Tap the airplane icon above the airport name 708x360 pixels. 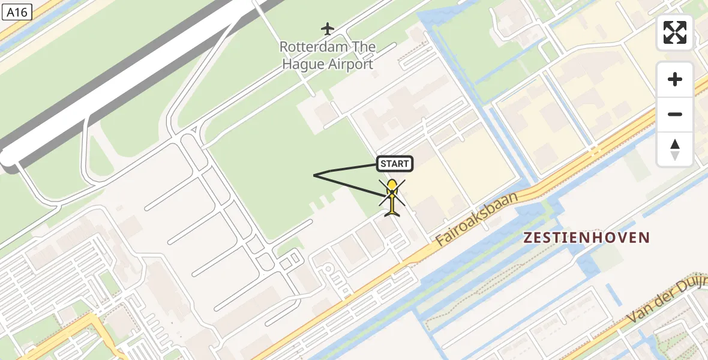pyautogui.click(x=327, y=28)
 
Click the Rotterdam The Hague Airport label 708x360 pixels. pyautogui.click(x=328, y=55)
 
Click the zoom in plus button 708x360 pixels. pyautogui.click(x=675, y=79)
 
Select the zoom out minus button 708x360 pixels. pyautogui.click(x=675, y=114)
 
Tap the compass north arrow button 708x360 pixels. pyautogui.click(x=675, y=149)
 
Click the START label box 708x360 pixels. pyautogui.click(x=394, y=163)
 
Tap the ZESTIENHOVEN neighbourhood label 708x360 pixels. pyautogui.click(x=586, y=238)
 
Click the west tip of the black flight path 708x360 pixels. pyautogui.click(x=314, y=175)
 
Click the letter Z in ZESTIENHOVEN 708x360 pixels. pyautogui.click(x=528, y=238)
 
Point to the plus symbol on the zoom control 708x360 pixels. pyautogui.click(x=675, y=79)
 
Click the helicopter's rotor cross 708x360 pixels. pyautogui.click(x=392, y=192)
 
